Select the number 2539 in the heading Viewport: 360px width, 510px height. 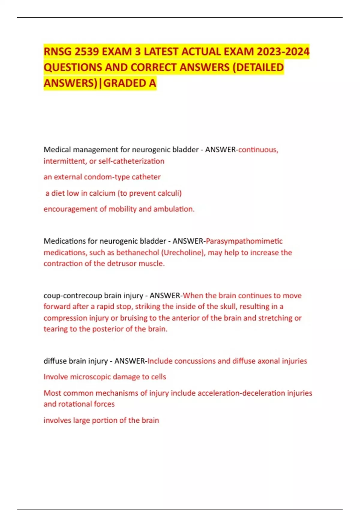click(87, 52)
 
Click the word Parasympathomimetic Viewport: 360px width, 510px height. click(244, 241)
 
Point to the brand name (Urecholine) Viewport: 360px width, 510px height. click(183, 253)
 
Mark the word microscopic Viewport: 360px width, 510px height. click(91, 377)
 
